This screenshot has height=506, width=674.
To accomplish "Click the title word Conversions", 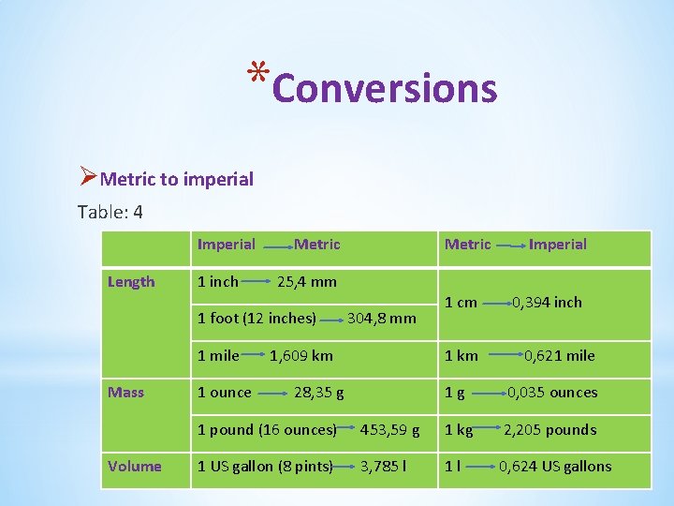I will click(385, 88).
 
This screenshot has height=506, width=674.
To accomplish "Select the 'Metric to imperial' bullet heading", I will click(176, 178).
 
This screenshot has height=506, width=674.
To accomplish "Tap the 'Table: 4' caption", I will click(110, 212).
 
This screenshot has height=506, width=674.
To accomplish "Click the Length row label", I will click(131, 282).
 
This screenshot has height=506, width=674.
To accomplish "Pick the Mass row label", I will click(125, 393).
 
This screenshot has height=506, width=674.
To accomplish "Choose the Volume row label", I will click(134, 467).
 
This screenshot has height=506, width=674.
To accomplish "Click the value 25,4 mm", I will click(307, 281).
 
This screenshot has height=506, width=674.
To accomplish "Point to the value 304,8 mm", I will click(381, 319).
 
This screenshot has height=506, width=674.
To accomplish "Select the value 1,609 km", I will click(300, 356).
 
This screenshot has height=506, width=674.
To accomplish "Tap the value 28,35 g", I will click(318, 393).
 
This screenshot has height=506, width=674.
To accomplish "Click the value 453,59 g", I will click(389, 430).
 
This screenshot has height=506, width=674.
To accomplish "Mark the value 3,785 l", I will click(383, 467).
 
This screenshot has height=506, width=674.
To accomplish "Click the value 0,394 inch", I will click(546, 302).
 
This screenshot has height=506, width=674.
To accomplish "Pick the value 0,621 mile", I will click(559, 356).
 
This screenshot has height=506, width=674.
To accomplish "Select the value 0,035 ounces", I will click(551, 393).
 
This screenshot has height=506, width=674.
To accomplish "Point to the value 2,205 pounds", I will click(549, 430).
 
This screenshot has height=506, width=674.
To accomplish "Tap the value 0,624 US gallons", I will click(554, 467).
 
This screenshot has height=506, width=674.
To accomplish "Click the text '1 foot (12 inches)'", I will click(256, 319).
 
